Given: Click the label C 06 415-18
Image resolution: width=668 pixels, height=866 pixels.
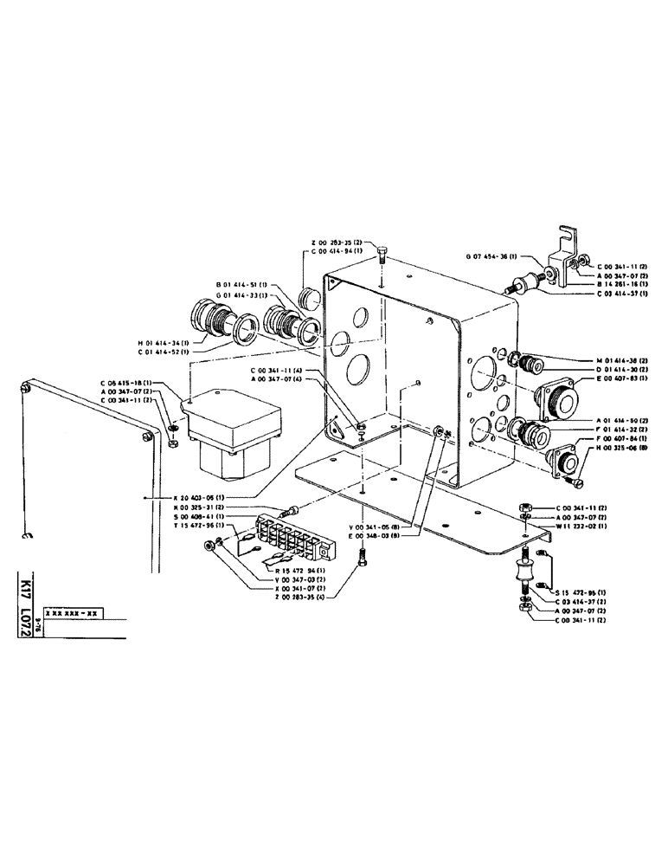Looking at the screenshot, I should (125, 383).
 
